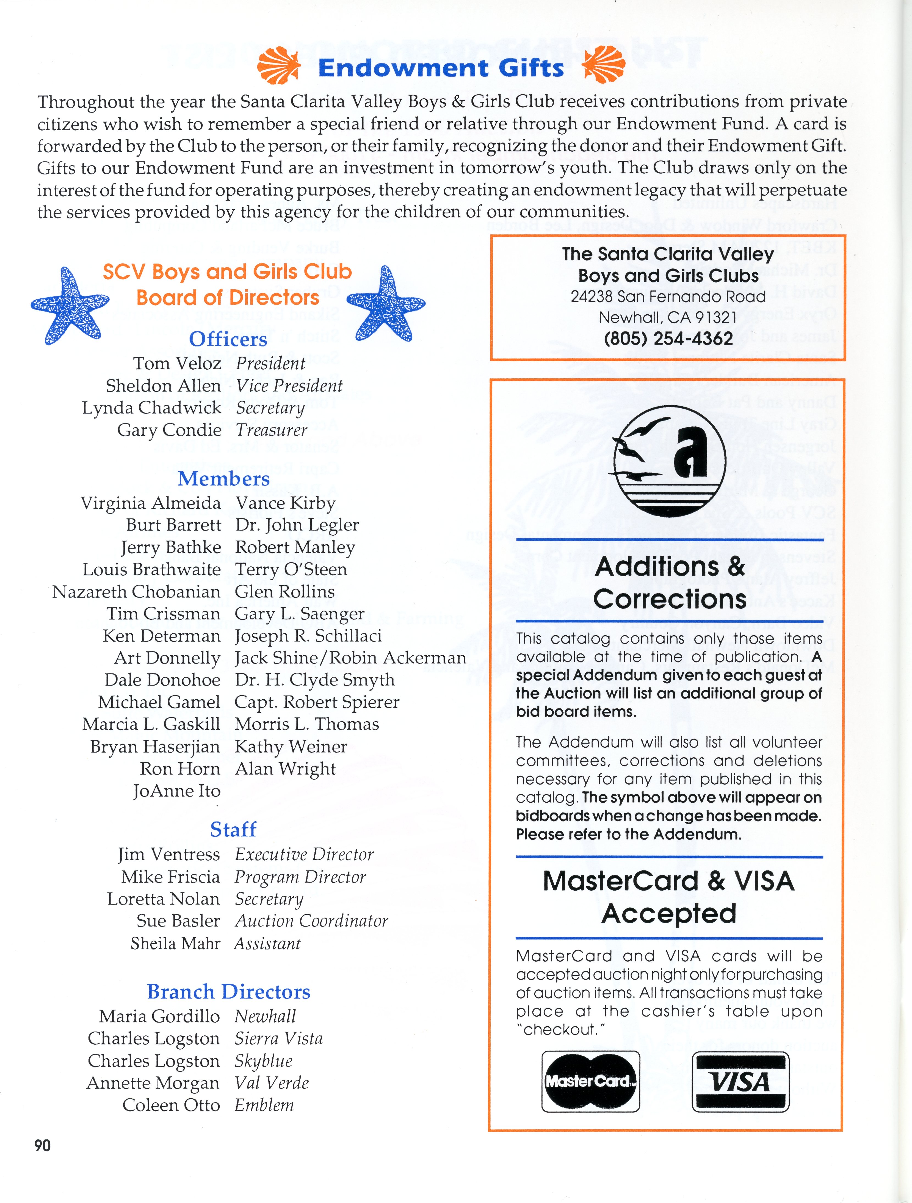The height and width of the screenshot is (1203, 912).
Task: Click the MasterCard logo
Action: pos(590,1081)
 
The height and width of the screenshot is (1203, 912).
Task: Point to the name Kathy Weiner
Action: pos(291,747)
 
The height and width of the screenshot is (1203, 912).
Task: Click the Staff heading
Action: pos(233,829)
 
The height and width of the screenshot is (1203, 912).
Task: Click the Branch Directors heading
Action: pos(228,991)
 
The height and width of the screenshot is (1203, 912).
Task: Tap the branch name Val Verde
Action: pos(272,1083)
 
